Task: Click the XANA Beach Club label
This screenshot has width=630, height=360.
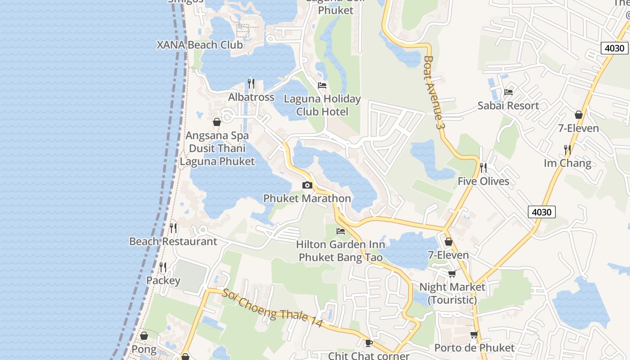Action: pos(199,45)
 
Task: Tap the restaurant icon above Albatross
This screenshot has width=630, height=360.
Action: pos(251,84)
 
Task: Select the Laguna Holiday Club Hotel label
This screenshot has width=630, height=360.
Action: pos(322,105)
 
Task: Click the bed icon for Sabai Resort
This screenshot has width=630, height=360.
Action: pos(508,92)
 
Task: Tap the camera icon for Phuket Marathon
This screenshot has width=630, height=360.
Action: pos(307,185)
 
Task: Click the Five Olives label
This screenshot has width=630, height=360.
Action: pos(483,181)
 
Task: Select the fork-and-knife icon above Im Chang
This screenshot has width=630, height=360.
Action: pos(567,149)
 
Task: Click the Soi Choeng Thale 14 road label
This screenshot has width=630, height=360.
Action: pos(272,308)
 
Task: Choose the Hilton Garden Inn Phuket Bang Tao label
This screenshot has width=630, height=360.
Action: pos(341,251)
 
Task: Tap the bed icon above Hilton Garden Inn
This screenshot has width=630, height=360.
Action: pos(341,231)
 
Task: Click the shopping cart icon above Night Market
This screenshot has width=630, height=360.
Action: pos(452,274)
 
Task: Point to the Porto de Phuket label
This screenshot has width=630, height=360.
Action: pos(474,348)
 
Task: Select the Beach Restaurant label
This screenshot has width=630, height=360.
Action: pos(173,242)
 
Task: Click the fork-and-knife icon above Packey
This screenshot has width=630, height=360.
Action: pos(163,267)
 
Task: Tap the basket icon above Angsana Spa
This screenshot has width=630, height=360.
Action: pos(217,122)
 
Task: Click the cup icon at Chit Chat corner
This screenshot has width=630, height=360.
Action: pos(369,343)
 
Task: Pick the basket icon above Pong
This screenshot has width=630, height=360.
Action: pos(144,336)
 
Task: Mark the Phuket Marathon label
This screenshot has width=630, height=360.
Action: pos(307,198)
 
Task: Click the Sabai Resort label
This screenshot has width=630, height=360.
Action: pos(508,106)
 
